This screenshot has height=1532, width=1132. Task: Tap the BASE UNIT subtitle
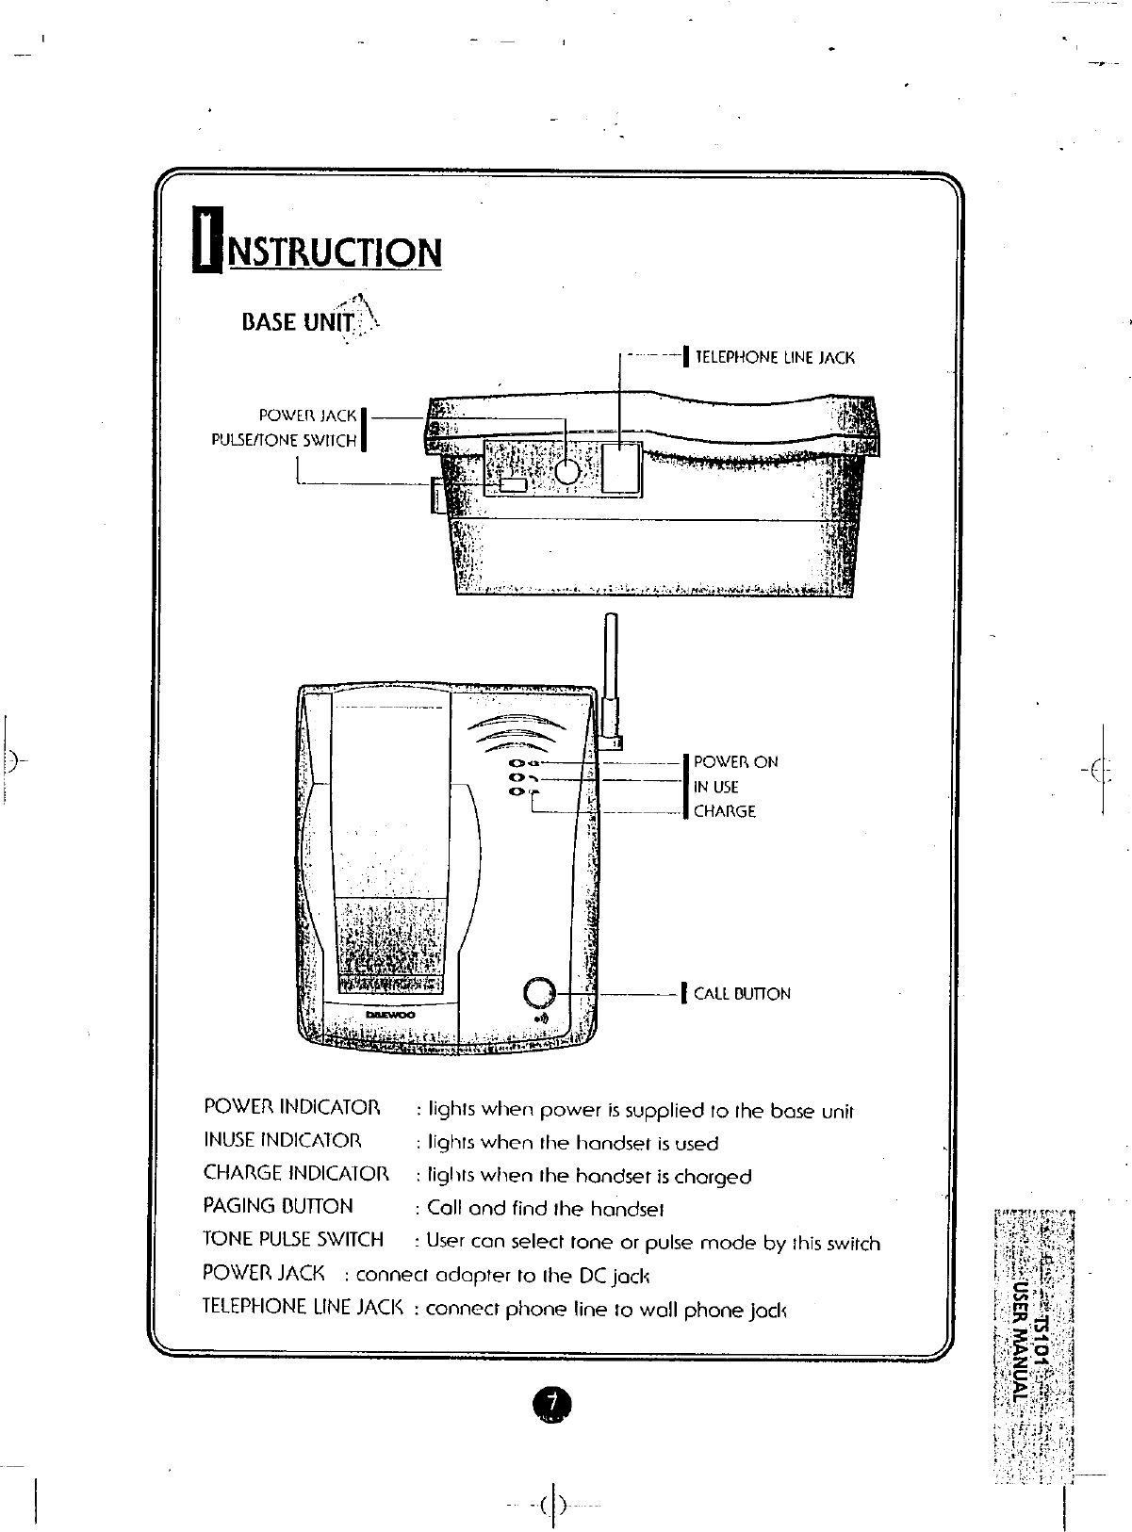(297, 323)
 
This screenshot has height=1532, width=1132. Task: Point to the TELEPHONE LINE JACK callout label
(774, 358)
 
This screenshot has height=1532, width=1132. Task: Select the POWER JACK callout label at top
(308, 416)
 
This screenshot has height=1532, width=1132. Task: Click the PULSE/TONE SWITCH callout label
(285, 440)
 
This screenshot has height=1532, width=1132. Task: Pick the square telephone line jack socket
(620, 466)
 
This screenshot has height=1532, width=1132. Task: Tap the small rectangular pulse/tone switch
(513, 484)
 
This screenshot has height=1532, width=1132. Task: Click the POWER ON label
(736, 762)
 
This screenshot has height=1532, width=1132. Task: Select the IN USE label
(716, 787)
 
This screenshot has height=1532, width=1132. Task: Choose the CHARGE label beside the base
(725, 811)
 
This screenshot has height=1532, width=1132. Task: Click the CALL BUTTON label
(742, 994)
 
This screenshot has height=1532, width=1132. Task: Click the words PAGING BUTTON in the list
(278, 1206)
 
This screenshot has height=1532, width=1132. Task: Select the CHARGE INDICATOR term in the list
(296, 1173)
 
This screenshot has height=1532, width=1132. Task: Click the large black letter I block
(204, 240)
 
